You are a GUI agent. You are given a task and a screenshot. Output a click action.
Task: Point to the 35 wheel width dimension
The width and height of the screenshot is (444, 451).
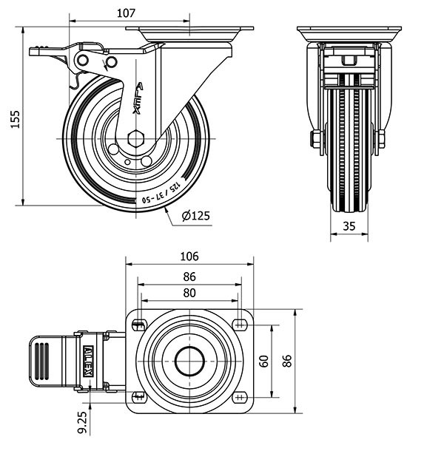[x=349, y=228]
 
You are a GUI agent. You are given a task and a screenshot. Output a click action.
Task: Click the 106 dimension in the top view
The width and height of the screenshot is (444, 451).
[x=189, y=257]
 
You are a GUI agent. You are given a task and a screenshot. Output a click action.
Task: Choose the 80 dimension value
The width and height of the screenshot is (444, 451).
[x=189, y=292]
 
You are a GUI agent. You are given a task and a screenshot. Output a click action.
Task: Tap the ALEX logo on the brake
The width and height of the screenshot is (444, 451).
[x=90, y=361]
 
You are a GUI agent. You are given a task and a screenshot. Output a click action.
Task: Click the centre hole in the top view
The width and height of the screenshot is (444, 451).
[x=189, y=361]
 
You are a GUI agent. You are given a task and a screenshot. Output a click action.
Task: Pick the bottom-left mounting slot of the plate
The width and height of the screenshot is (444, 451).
[x=138, y=397]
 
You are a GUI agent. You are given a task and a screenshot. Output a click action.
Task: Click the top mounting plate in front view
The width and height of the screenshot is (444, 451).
[x=349, y=34]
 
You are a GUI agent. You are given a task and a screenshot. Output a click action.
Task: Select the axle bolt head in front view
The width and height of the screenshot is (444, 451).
[x=314, y=138]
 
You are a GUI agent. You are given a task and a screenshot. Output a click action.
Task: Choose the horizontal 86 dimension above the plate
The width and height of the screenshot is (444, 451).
[x=189, y=276]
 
